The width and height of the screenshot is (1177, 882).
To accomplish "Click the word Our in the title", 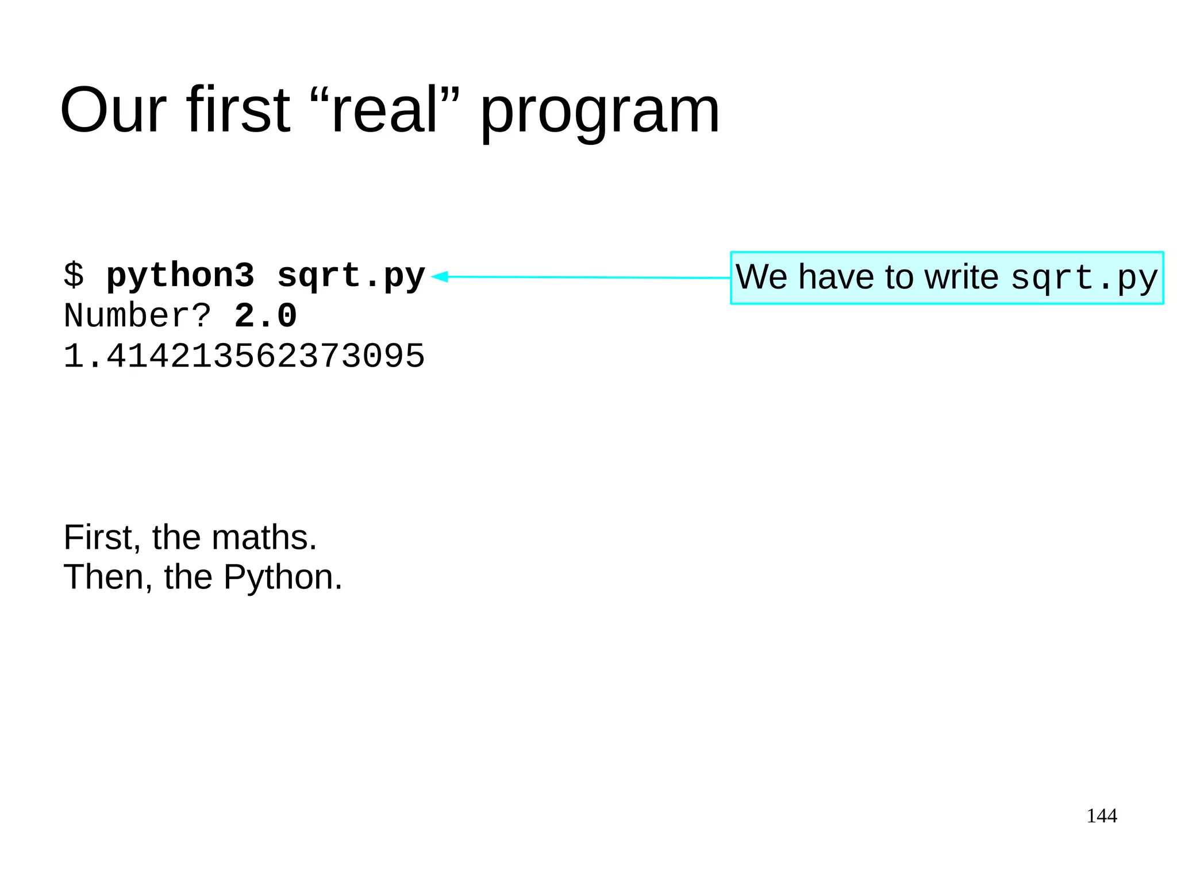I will (113, 110).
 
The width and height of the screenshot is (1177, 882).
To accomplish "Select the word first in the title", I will (238, 110).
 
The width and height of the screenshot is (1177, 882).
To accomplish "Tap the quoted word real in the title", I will (384, 110).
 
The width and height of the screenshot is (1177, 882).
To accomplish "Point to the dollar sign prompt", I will (74, 276).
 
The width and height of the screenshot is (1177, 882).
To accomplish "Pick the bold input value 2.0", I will (266, 317).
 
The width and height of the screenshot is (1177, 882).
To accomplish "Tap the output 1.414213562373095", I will (244, 356).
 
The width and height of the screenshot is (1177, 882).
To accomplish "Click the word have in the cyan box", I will (838, 278).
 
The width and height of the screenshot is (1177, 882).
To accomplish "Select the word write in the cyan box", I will (962, 278).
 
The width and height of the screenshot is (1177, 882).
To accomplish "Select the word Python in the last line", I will (282, 578).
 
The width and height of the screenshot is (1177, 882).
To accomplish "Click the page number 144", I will (1101, 816).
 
